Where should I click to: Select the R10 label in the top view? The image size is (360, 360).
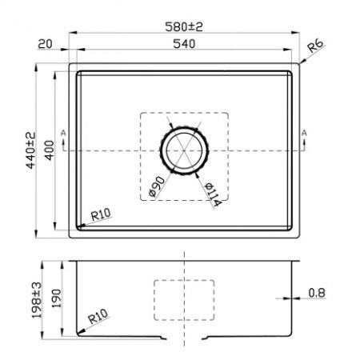[100, 214]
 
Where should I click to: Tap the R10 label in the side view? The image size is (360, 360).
[98, 318]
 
